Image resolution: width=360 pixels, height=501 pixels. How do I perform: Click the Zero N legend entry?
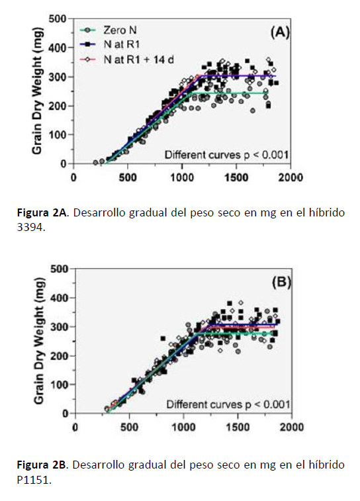[x=109, y=30]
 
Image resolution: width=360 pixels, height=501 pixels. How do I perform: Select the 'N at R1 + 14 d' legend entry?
[x=127, y=60]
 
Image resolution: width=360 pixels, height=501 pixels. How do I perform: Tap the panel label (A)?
[x=280, y=32]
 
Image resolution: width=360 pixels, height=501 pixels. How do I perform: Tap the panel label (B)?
[x=281, y=283]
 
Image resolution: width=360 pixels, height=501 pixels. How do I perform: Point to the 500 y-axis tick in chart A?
[x=58, y=19]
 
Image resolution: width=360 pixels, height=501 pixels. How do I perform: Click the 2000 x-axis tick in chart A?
[x=290, y=177]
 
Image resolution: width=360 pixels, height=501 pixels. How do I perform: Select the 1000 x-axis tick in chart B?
[x=184, y=427]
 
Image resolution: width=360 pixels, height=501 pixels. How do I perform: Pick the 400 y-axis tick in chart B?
[x=59, y=298]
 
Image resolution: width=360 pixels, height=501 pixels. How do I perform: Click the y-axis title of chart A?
[x=37, y=91]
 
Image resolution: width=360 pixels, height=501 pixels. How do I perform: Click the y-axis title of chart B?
[x=39, y=341]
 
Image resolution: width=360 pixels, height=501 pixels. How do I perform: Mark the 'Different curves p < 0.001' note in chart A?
[x=226, y=155]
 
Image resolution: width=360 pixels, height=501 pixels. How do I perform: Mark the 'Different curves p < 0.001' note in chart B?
[x=228, y=404]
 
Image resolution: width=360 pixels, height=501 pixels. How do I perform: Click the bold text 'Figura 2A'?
[x=41, y=213]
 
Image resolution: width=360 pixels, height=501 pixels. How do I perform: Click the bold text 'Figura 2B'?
[x=41, y=465]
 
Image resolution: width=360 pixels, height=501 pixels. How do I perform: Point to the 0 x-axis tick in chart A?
[x=73, y=177]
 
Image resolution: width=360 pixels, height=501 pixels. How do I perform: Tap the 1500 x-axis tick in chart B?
[x=238, y=427]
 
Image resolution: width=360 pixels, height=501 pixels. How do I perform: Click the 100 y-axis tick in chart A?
[x=58, y=135]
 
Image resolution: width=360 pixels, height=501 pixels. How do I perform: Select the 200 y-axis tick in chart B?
[x=59, y=356]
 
